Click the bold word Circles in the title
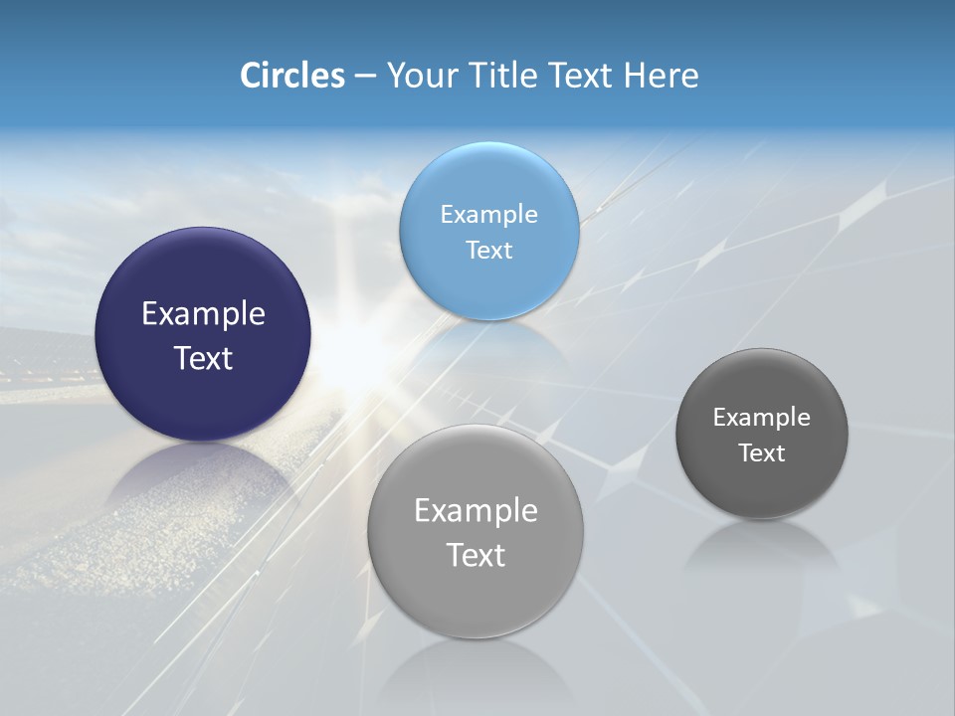click(291, 76)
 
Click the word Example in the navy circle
click(203, 314)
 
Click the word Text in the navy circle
click(203, 358)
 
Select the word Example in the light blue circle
click(488, 214)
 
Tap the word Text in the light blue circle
click(488, 250)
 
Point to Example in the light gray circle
click(476, 510)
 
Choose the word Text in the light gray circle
click(476, 555)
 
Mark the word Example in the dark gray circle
click(762, 417)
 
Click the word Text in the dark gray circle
click(762, 452)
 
